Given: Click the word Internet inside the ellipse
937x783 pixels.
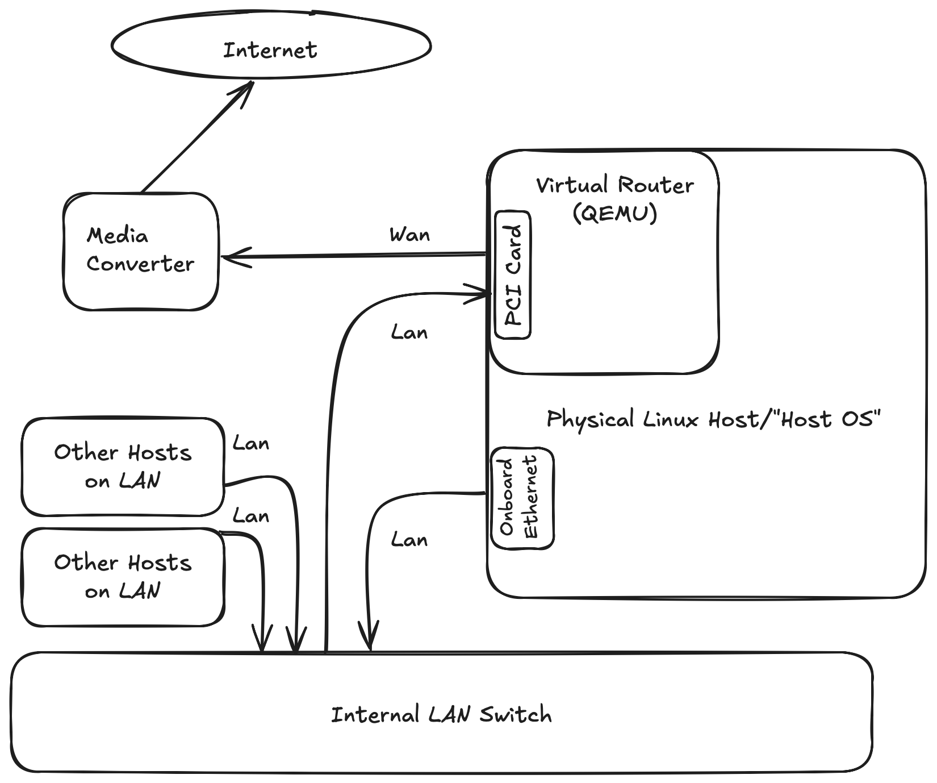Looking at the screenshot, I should pyautogui.click(x=270, y=50).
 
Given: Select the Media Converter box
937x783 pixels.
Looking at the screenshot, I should pyautogui.click(x=140, y=252).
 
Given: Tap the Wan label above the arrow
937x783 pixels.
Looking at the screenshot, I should pyautogui.click(x=409, y=235).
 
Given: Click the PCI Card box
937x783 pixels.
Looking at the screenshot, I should pyautogui.click(x=513, y=275).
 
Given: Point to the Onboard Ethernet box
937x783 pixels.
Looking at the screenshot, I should pyautogui.click(x=522, y=498).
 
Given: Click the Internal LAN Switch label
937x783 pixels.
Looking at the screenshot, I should pyautogui.click(x=441, y=714).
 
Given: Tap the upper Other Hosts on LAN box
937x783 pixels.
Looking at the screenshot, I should pyautogui.click(x=123, y=467).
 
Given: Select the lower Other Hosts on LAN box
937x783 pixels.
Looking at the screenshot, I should pyautogui.click(x=123, y=577).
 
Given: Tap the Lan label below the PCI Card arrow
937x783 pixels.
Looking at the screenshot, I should pyautogui.click(x=409, y=332).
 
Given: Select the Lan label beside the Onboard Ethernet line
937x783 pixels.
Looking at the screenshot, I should pyautogui.click(x=409, y=540).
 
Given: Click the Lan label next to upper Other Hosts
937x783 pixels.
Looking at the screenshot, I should pyautogui.click(x=250, y=443).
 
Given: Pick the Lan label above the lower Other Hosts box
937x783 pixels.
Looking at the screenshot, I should pyautogui.click(x=250, y=516).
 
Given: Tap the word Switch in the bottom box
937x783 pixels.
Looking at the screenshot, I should pyautogui.click(x=515, y=714).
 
